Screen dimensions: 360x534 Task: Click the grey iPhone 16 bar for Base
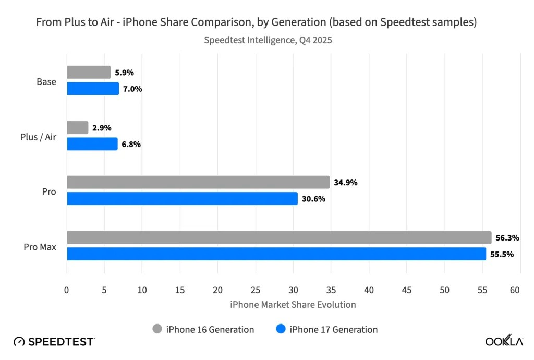coord(89,73)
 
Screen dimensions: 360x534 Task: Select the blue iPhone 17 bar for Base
coord(93,89)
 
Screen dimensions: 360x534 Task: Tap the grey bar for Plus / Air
coord(78,128)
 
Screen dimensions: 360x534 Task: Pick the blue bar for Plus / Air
coord(92,144)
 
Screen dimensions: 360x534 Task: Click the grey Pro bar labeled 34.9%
coord(198,183)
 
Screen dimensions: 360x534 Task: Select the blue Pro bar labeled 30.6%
coord(182,199)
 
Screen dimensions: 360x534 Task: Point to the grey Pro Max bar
coord(279,237)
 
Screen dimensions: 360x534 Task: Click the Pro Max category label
coord(40,247)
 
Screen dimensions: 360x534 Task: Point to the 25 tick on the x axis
coord(256,290)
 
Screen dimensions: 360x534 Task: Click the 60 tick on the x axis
coord(515,290)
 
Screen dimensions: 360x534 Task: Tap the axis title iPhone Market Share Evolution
coord(293,304)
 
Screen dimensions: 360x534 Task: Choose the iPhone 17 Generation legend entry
coord(327,329)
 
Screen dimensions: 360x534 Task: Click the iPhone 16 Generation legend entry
coord(203,329)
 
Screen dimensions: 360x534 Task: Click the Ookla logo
coord(504,342)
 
